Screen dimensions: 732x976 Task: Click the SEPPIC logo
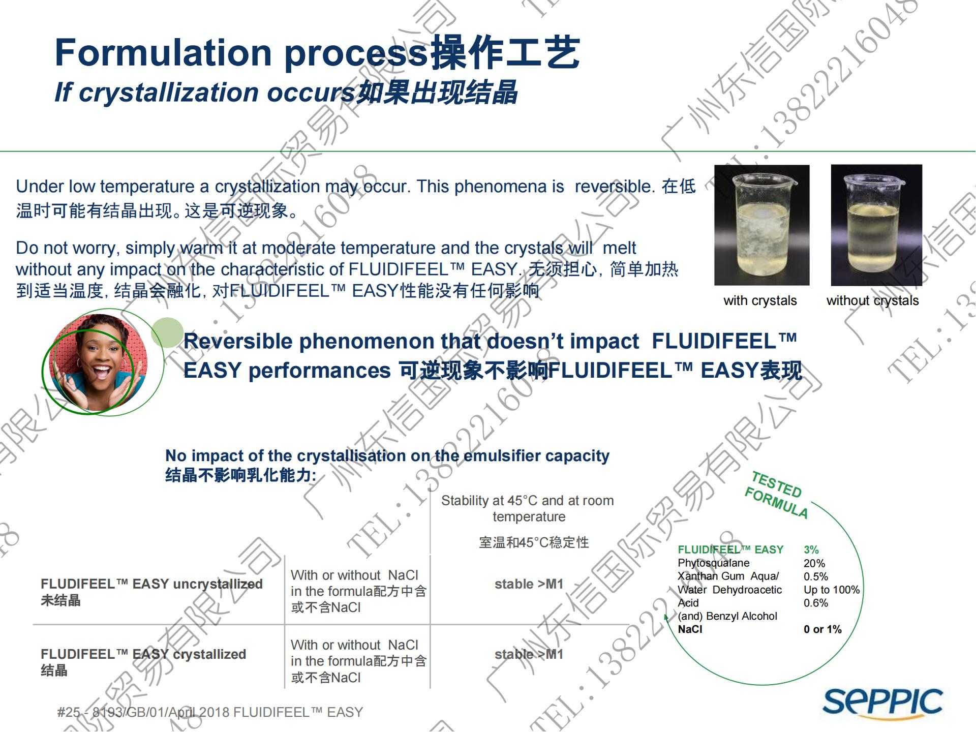[x=882, y=703]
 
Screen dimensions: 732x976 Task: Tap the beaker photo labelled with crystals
[x=761, y=225]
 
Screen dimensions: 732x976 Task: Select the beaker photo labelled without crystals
[x=876, y=225]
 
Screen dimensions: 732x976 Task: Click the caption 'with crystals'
[x=760, y=300]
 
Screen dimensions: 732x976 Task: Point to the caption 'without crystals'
[x=872, y=300]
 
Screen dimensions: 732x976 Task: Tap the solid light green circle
[x=167, y=332]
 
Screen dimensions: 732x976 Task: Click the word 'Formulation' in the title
[x=163, y=53]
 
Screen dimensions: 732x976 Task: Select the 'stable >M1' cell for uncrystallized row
[x=529, y=584]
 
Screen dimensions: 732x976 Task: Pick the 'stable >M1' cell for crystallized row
[x=529, y=654]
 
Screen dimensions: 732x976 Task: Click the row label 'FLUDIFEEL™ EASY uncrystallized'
[x=151, y=584]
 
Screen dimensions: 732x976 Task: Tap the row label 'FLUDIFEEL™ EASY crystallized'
[x=143, y=654]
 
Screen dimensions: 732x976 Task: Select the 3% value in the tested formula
[x=811, y=550]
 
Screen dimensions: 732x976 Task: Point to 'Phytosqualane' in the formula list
[x=713, y=563]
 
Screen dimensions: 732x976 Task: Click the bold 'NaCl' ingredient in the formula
[x=690, y=629]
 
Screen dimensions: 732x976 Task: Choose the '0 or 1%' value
[x=822, y=629]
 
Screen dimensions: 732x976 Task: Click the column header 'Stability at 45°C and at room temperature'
[x=528, y=508]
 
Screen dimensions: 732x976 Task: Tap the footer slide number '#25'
[x=69, y=712]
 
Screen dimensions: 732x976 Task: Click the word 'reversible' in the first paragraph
[x=614, y=187]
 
